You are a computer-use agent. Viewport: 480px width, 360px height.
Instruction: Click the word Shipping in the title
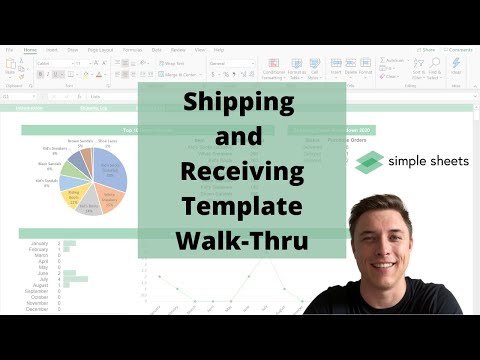coord(241,103)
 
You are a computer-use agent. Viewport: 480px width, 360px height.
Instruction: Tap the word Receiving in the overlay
coord(241,172)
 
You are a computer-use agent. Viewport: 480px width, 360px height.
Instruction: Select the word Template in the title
coord(241,207)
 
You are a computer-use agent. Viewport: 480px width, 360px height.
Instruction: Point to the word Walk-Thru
coord(241,241)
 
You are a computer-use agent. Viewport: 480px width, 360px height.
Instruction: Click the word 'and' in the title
coord(241,137)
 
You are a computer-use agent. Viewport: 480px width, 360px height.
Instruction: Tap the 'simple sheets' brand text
coord(427,163)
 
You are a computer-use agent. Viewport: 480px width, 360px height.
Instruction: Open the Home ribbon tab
coord(30,49)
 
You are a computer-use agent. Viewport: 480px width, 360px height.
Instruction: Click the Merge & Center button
coord(181,74)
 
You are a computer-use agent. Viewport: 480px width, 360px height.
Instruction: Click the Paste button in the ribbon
coord(10,67)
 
